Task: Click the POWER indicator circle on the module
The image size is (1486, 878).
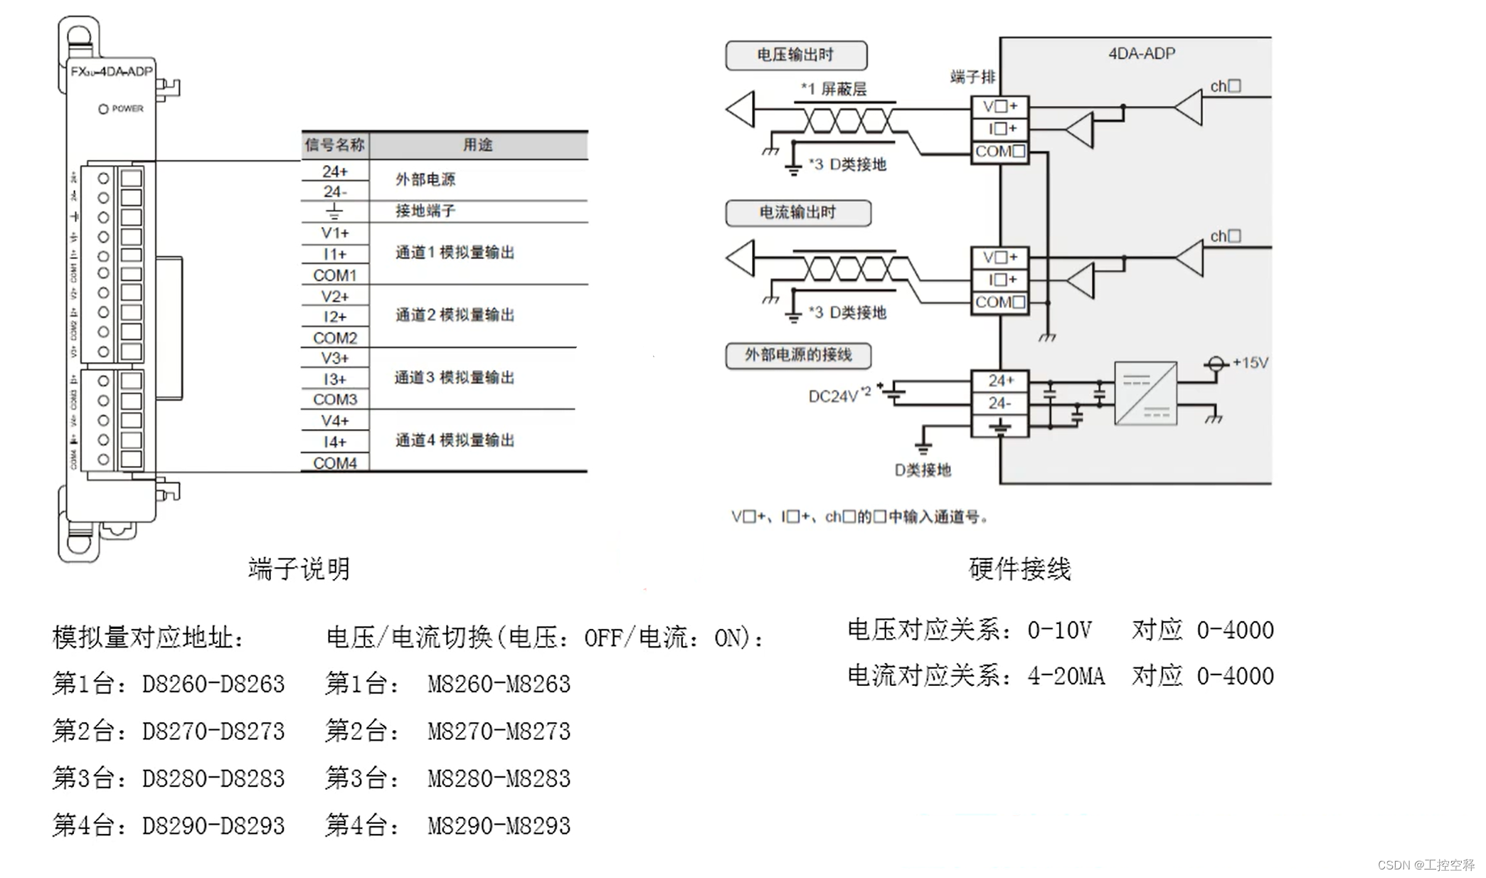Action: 103,109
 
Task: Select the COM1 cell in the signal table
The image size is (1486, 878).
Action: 334,275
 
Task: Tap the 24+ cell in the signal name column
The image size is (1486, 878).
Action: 334,171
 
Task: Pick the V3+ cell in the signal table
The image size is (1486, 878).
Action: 334,358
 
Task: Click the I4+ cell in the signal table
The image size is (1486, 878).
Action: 334,442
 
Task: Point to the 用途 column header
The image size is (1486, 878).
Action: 477,145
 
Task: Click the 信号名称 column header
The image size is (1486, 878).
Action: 334,145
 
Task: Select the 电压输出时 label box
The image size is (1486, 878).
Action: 795,55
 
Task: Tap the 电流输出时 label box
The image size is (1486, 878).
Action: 797,213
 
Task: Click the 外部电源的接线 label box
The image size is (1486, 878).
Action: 797,355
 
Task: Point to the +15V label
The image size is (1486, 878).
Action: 1250,363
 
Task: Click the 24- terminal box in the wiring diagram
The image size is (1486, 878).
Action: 999,403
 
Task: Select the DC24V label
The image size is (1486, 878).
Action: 834,396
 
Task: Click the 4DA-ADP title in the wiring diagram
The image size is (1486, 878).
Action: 1141,53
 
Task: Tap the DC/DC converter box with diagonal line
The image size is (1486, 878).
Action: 1145,393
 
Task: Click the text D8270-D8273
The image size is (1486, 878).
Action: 213,731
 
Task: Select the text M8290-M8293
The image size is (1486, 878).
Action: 499,825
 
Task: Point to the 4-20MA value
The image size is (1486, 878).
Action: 1066,676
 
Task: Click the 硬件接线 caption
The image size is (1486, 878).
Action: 1019,568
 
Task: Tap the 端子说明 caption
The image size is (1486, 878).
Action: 299,568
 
